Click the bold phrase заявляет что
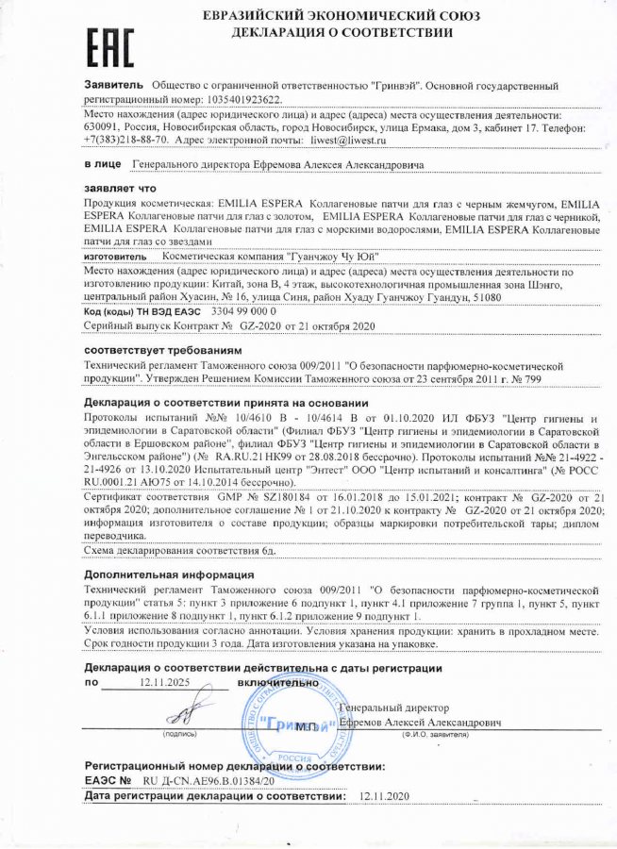[120, 189]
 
